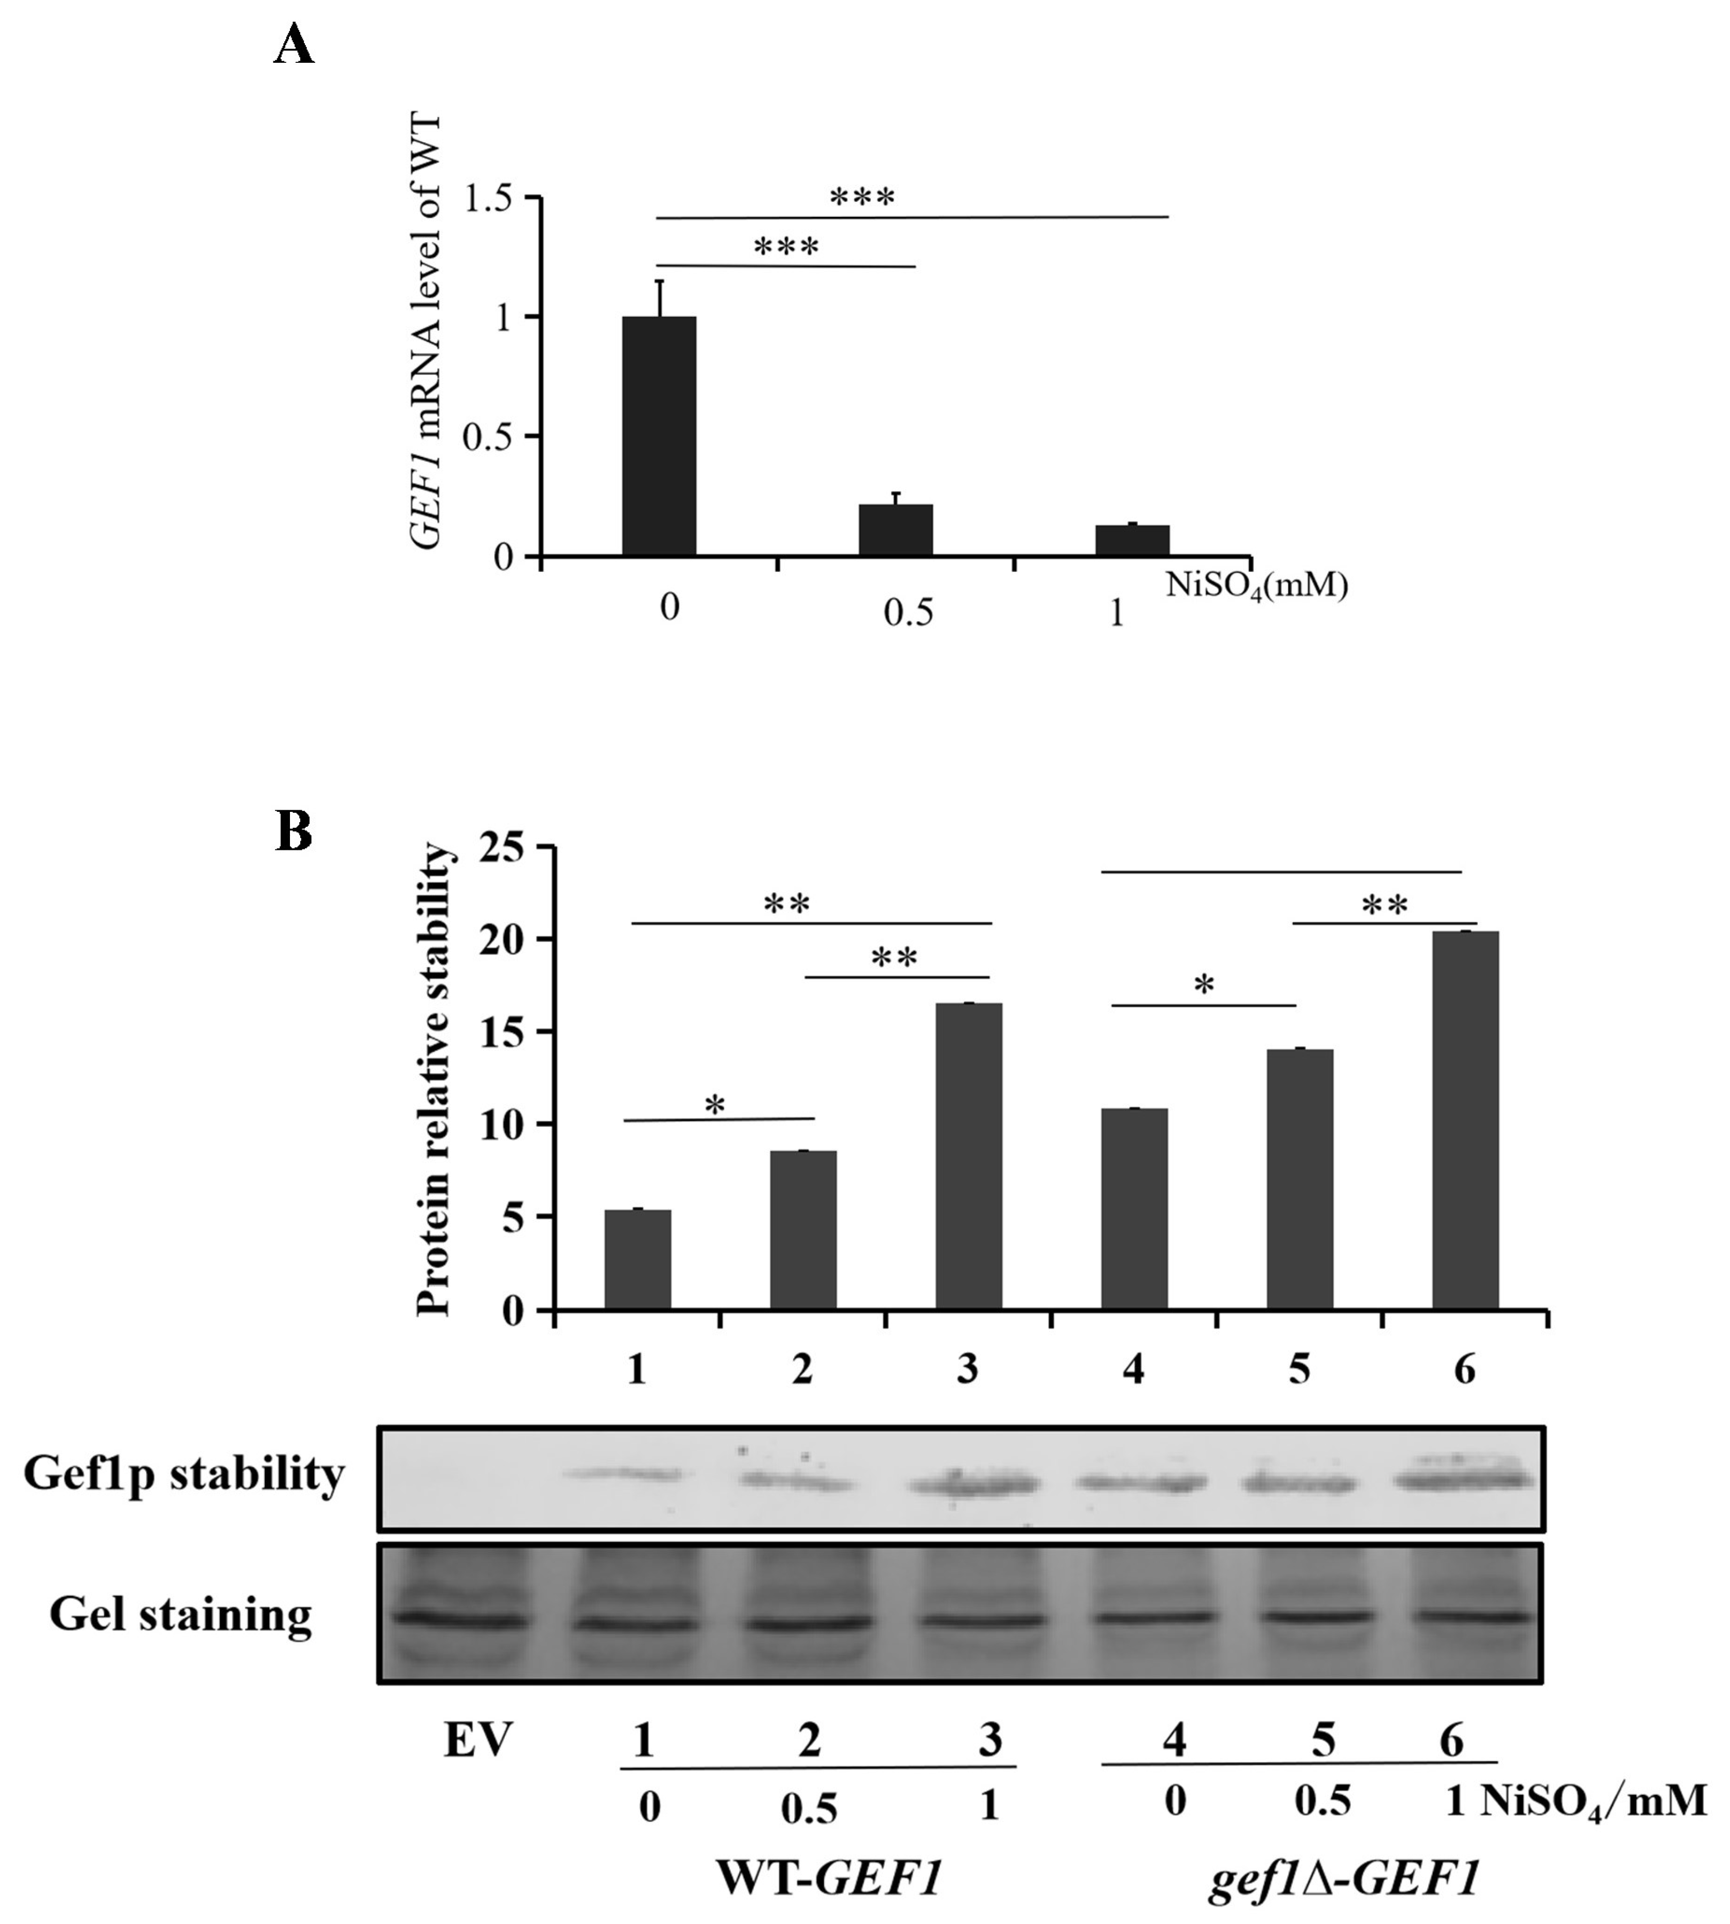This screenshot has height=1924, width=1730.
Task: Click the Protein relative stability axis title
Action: tap(434, 1079)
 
